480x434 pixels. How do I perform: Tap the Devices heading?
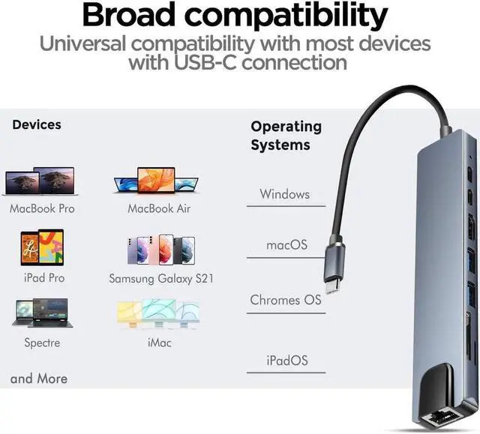37,124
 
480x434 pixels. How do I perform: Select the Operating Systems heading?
286,136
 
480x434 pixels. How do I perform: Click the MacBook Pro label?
42,208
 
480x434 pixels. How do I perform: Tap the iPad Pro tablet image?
41,248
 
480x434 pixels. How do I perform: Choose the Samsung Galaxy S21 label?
161,278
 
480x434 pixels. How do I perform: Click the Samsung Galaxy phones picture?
161,250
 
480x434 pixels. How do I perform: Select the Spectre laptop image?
42,313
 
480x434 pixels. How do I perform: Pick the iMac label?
160,343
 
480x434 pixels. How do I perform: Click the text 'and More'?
39,379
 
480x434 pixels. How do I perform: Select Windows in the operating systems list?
285,194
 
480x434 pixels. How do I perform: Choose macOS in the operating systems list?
286,245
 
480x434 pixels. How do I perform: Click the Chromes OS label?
286,300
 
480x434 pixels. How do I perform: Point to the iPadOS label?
287,361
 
